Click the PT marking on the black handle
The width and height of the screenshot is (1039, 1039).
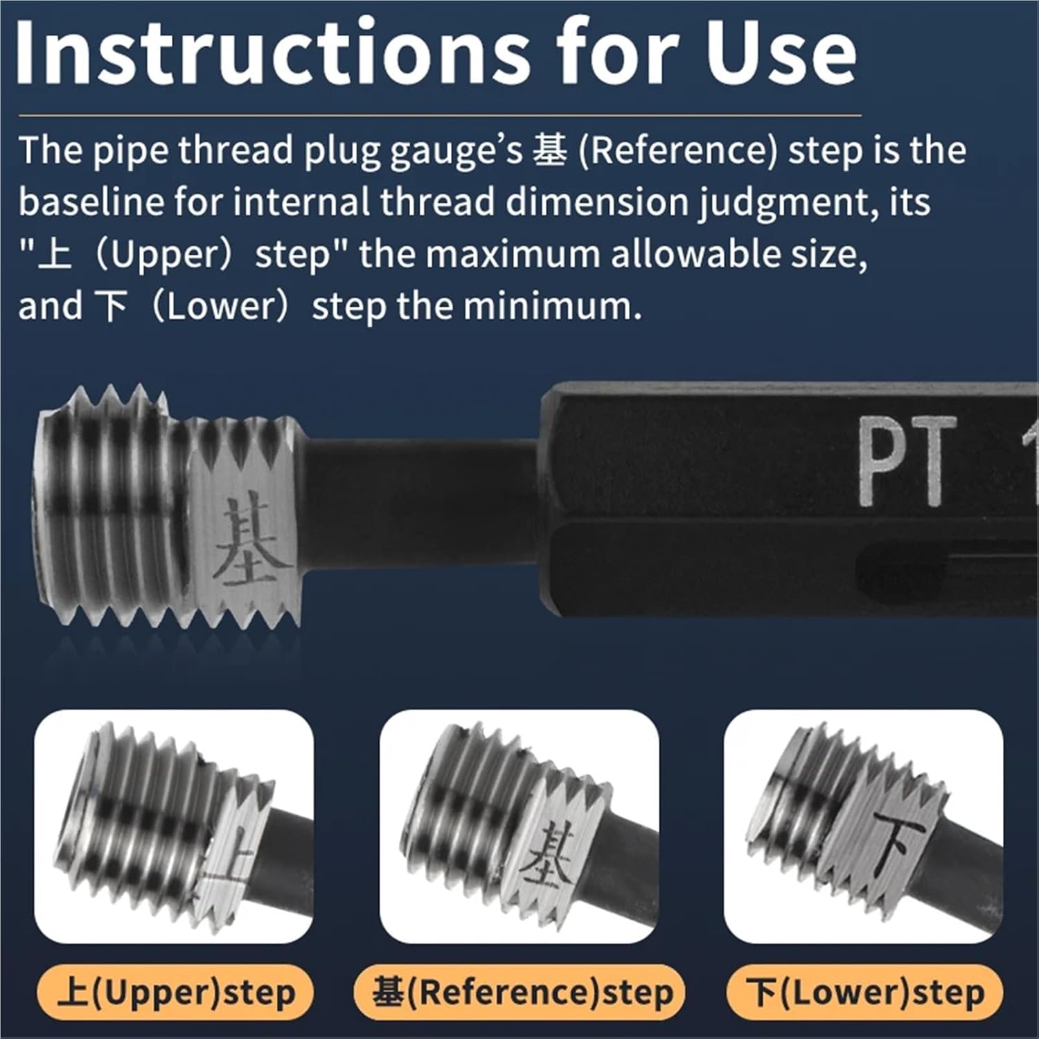point(903,461)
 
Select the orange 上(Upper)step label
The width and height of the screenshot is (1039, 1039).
point(176,993)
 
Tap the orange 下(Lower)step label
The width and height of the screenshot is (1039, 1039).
point(865,993)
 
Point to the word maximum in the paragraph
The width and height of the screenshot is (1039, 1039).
point(519,254)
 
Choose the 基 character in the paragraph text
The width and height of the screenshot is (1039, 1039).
point(549,151)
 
